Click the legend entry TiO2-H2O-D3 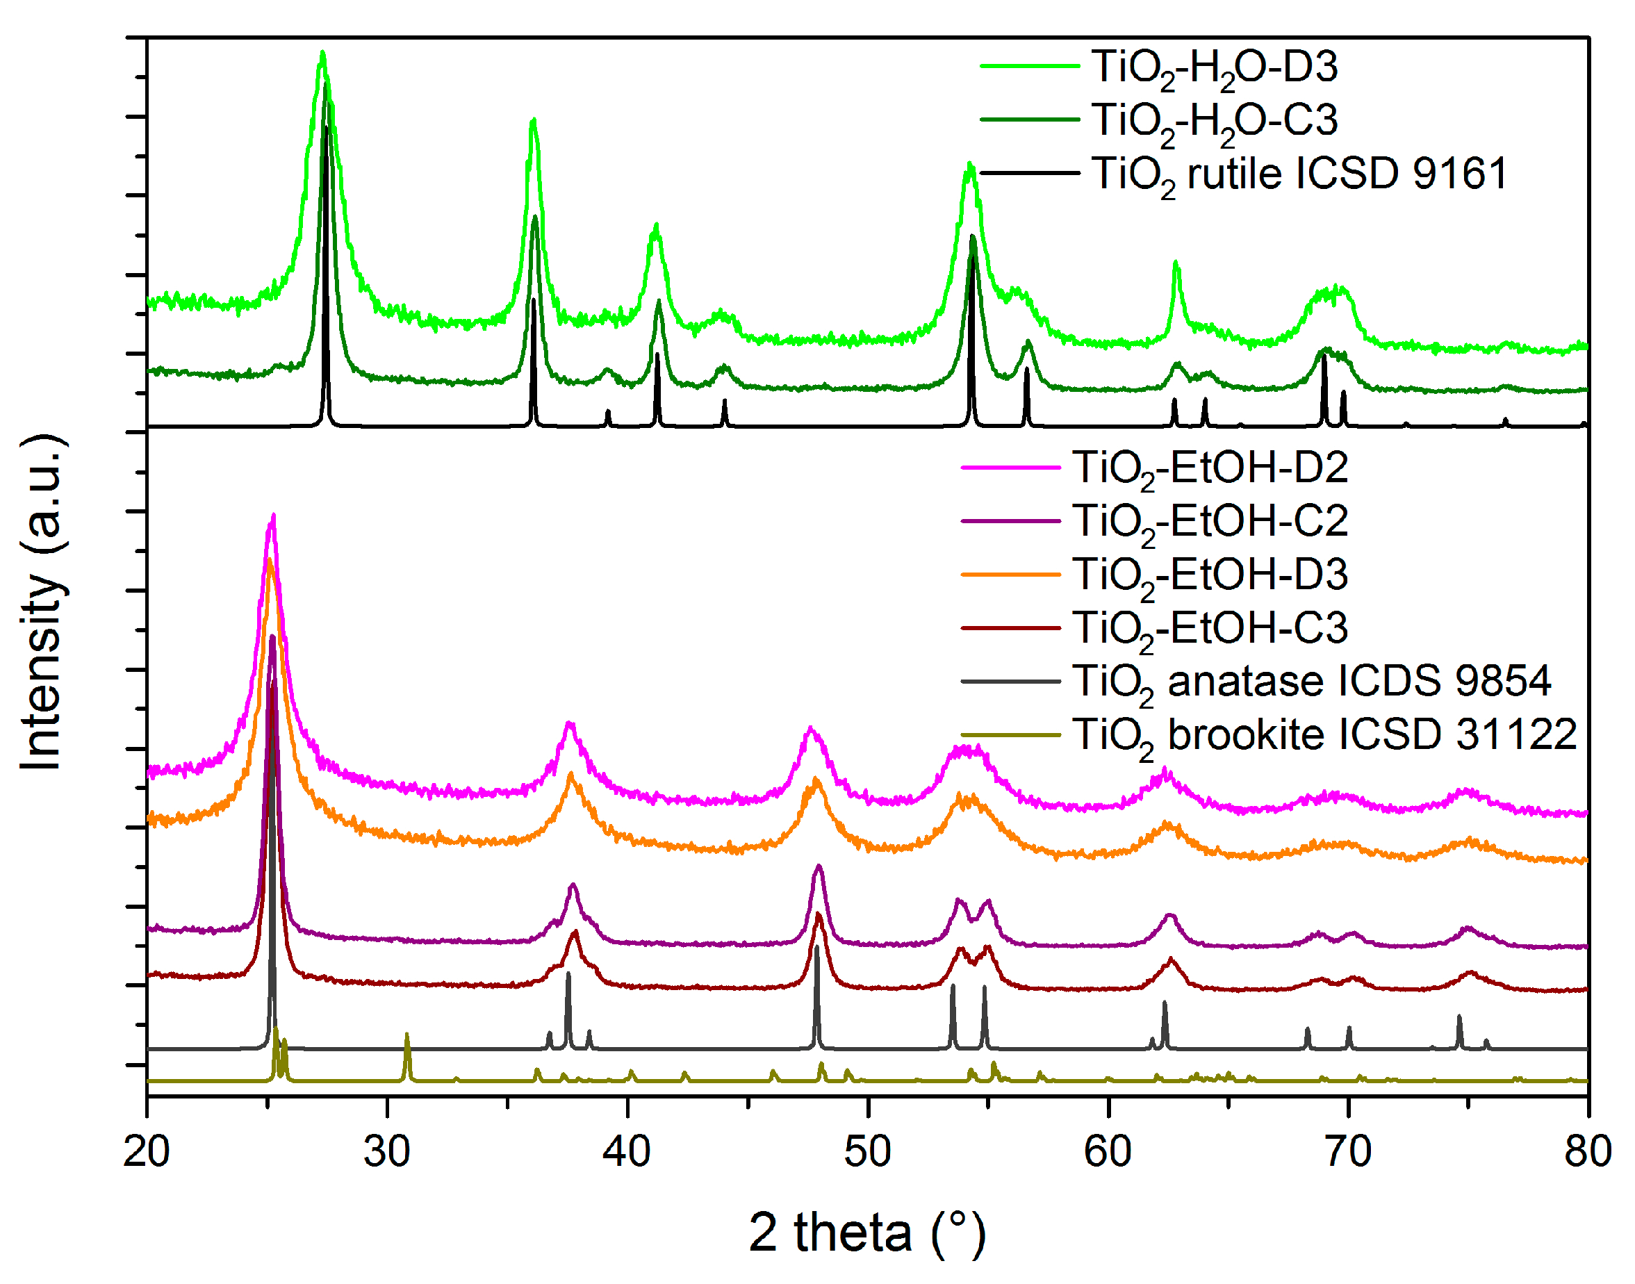coord(1213,67)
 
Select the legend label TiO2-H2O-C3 coord(1213,121)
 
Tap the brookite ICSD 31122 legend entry coord(1323,735)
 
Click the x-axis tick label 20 coord(147,1151)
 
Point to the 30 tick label coord(386,1151)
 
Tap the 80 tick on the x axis coord(1588,1151)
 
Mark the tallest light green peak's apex coord(322,53)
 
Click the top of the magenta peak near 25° coord(274,516)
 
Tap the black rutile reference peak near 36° coord(534,301)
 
